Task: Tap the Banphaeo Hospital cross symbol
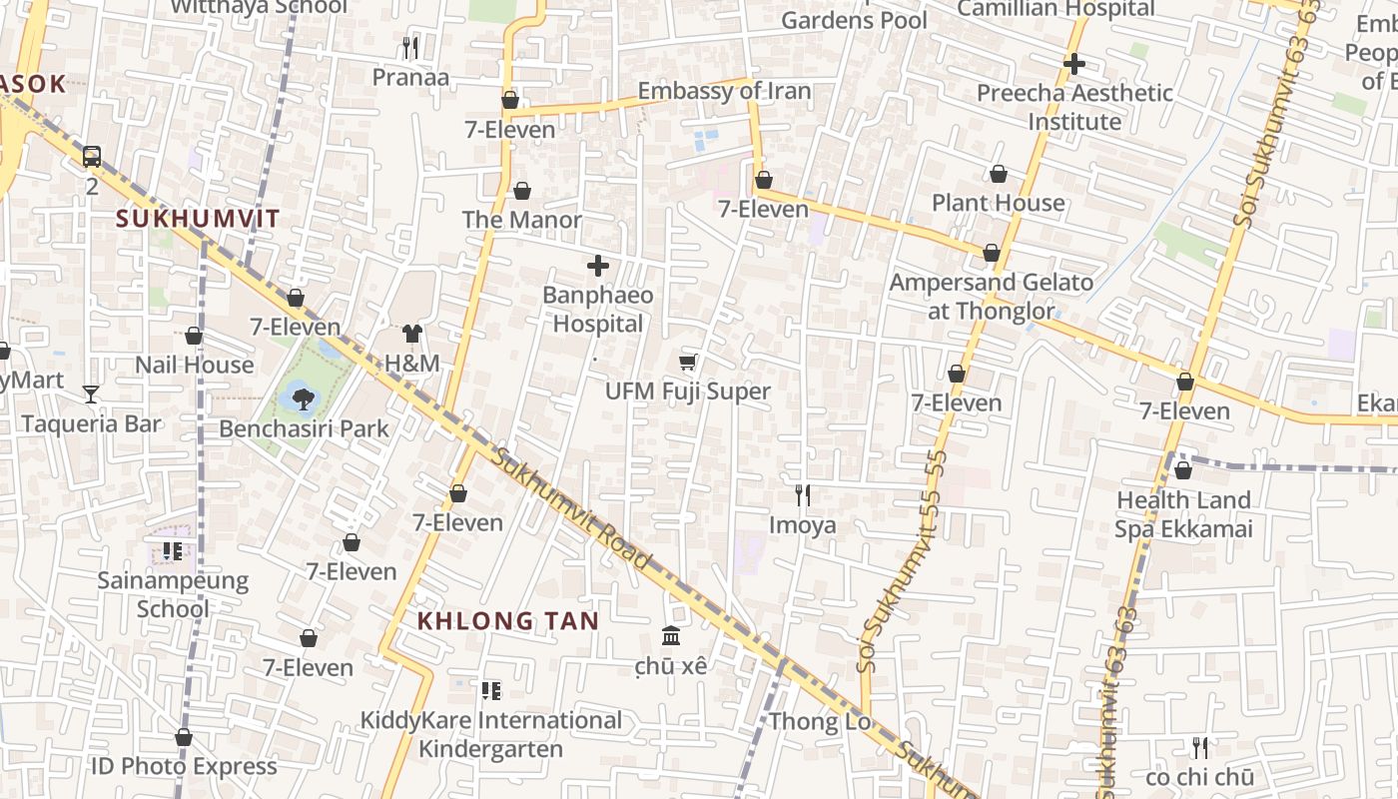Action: pos(598,266)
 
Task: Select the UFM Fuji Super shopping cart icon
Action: pos(687,362)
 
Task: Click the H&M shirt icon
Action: pos(412,334)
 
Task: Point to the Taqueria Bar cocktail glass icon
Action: pos(91,395)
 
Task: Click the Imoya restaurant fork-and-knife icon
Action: pos(802,494)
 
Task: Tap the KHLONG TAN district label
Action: pos(507,620)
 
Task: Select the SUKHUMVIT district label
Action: pos(198,219)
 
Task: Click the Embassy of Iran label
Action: pos(724,91)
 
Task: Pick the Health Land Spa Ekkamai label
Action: pos(1183,514)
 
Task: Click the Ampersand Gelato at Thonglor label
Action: pos(992,297)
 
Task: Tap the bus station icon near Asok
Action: pos(92,156)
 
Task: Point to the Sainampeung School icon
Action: pos(173,550)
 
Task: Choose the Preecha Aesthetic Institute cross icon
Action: pos(1074,64)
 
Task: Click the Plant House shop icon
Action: pos(999,174)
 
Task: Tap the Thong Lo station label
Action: pos(820,721)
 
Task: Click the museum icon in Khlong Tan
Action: pos(671,635)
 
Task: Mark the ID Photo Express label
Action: pos(184,766)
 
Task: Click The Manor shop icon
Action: pos(521,191)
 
